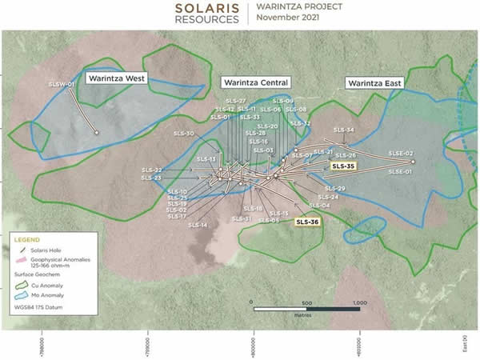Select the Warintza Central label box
point(256,82)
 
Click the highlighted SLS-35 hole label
point(342,166)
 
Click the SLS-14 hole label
point(198,226)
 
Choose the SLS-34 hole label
point(345,130)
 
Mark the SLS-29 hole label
point(334,188)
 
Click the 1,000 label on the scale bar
point(358,304)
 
